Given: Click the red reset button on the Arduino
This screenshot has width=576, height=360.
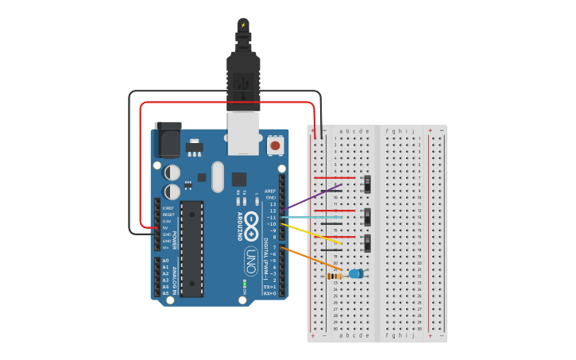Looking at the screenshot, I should point(275,145).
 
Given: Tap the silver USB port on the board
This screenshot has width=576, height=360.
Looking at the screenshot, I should point(243,133).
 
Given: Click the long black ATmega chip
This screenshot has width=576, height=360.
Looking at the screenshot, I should point(191,249).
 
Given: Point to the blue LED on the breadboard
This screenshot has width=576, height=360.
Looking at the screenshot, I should point(356,273).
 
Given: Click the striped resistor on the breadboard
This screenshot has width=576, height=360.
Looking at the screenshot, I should point(335,276).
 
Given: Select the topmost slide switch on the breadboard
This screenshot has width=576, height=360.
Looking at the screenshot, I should point(367,184).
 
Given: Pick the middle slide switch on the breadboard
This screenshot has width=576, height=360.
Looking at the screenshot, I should point(367,216).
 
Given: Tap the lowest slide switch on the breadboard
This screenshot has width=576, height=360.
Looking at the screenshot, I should point(367,242).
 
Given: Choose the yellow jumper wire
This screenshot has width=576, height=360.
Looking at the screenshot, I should point(315,234).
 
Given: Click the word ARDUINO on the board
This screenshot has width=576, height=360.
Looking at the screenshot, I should point(239,226).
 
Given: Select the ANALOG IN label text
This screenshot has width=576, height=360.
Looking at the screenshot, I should point(175,276).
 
